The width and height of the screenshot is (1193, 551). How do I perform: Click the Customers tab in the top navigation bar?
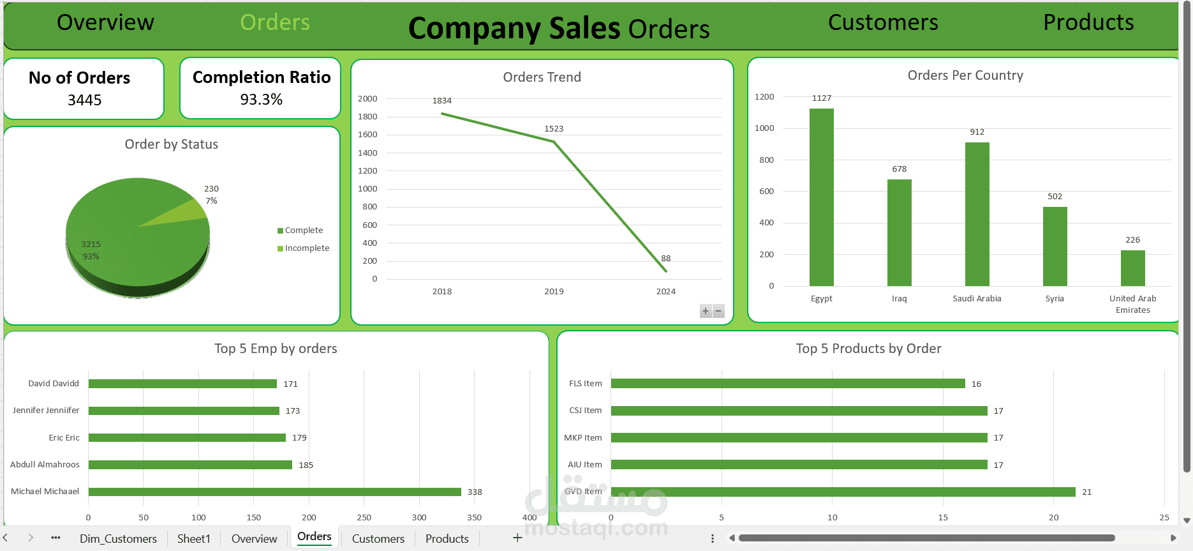pyautogui.click(x=883, y=23)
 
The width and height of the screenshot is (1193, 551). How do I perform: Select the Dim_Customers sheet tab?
pyautogui.click(x=118, y=539)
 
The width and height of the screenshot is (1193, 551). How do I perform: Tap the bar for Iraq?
pyautogui.click(x=899, y=232)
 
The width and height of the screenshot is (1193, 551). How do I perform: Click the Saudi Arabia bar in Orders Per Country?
pyautogui.click(x=977, y=214)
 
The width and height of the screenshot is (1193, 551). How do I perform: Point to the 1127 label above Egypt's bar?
pyautogui.click(x=822, y=98)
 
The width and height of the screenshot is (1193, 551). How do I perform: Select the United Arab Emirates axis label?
pyautogui.click(x=1132, y=304)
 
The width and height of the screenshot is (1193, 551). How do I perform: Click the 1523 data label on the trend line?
pyautogui.click(x=554, y=129)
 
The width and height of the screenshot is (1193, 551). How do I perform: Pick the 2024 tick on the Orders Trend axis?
pyautogui.click(x=665, y=292)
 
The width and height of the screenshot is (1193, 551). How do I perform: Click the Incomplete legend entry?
pyautogui.click(x=307, y=248)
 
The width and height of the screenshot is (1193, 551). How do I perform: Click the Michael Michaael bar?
pyautogui.click(x=274, y=492)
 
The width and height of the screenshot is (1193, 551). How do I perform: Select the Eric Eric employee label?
pyautogui.click(x=64, y=438)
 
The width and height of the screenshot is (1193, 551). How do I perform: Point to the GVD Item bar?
pyautogui.click(x=842, y=492)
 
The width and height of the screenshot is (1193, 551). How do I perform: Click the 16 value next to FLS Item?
pyautogui.click(x=976, y=384)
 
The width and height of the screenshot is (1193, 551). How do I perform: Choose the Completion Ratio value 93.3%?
pyautogui.click(x=261, y=100)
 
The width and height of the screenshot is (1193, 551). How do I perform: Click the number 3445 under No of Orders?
pyautogui.click(x=84, y=100)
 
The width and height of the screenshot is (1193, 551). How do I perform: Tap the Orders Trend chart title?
pyautogui.click(x=542, y=77)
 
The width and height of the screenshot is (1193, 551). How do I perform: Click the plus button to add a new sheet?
pyautogui.click(x=517, y=538)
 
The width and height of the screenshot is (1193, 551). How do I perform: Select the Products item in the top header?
pyautogui.click(x=1088, y=23)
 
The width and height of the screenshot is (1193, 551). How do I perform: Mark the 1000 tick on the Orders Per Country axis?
pyautogui.click(x=764, y=128)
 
